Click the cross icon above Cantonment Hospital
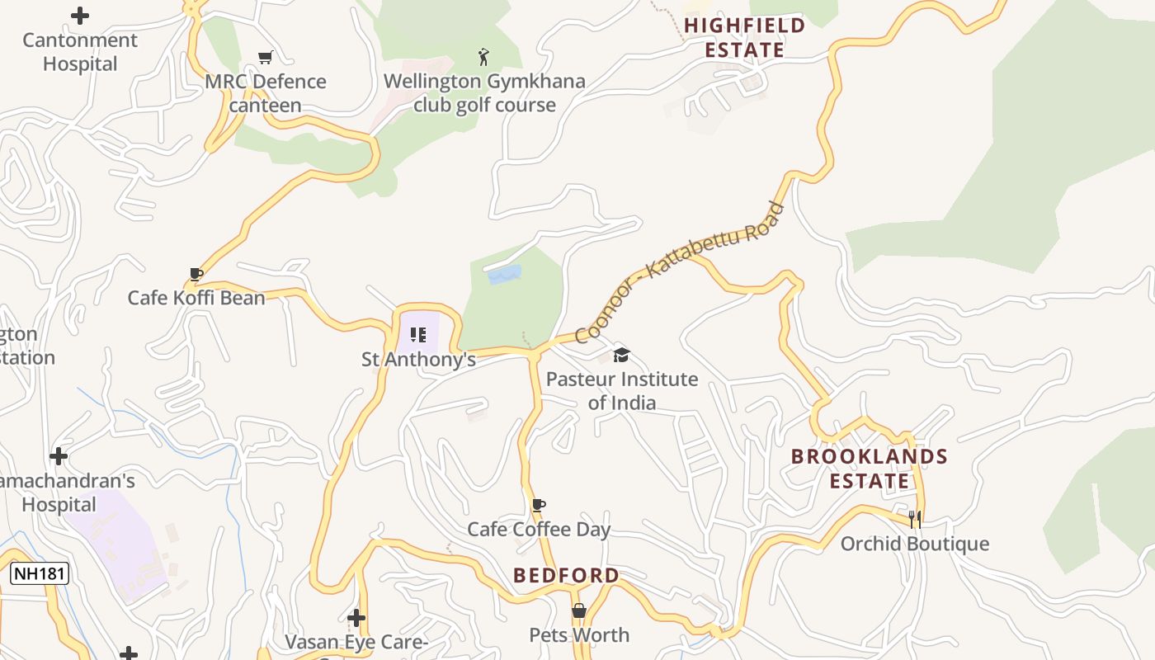(x=80, y=16)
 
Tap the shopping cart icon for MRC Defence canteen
(x=265, y=57)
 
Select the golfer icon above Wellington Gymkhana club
(x=484, y=57)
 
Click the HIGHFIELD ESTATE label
(x=744, y=38)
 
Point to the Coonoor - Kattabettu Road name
(x=679, y=272)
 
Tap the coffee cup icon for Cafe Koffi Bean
(x=196, y=274)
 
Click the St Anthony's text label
(x=419, y=360)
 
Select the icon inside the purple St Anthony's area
(x=418, y=334)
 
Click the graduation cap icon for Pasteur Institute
(x=621, y=355)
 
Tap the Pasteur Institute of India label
(x=622, y=391)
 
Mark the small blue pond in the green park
(x=504, y=275)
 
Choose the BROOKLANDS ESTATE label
(x=869, y=469)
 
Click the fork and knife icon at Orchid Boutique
(x=914, y=519)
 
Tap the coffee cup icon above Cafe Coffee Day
(x=539, y=505)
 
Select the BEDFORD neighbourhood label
(x=566, y=575)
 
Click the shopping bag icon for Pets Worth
(x=579, y=610)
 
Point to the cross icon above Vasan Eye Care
(x=356, y=617)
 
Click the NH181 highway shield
(x=39, y=573)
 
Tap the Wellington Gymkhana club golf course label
(x=484, y=93)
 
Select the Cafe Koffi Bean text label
(x=196, y=298)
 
